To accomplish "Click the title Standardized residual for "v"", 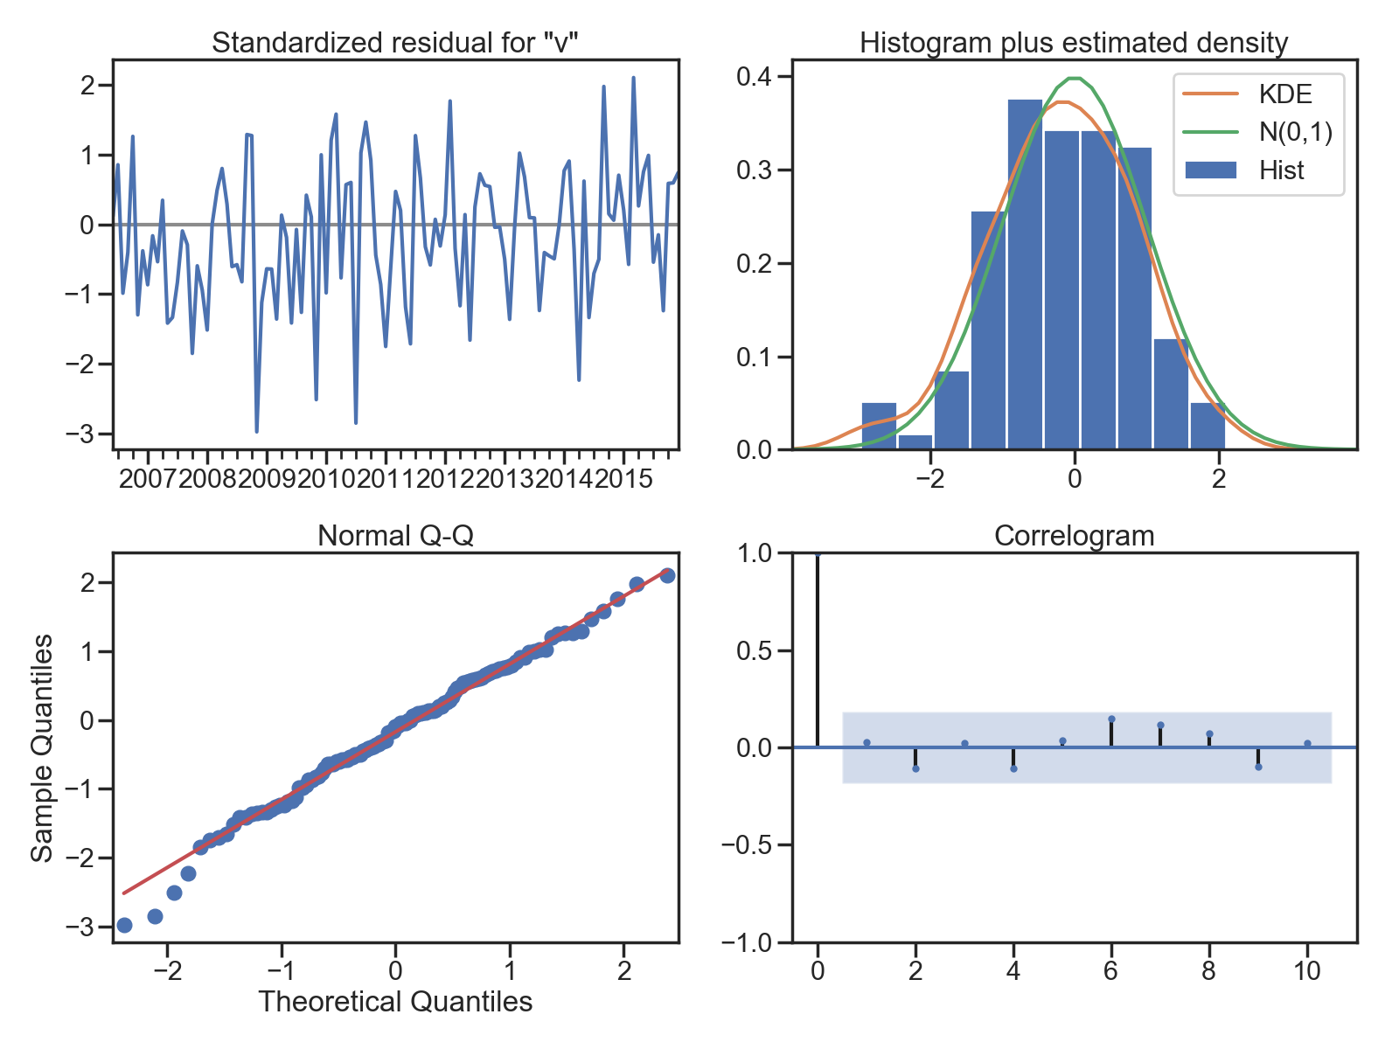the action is [394, 43].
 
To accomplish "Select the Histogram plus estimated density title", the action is [1074, 43].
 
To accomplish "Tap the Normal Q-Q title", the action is [395, 535].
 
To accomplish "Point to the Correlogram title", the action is [1074, 536].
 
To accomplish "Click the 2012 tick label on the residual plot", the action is [445, 478].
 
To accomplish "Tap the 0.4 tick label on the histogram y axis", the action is [754, 76].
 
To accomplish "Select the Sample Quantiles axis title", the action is [42, 748].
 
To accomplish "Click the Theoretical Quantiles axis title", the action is [395, 1001].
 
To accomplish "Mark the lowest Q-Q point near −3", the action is [124, 925].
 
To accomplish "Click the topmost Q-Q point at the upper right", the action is [667, 575].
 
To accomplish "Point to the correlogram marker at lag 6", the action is [1111, 719].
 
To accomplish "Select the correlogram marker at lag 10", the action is [1308, 743].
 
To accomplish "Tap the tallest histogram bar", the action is [1026, 274].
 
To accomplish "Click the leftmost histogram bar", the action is [879, 426].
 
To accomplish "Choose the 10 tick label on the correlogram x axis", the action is [1307, 970].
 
